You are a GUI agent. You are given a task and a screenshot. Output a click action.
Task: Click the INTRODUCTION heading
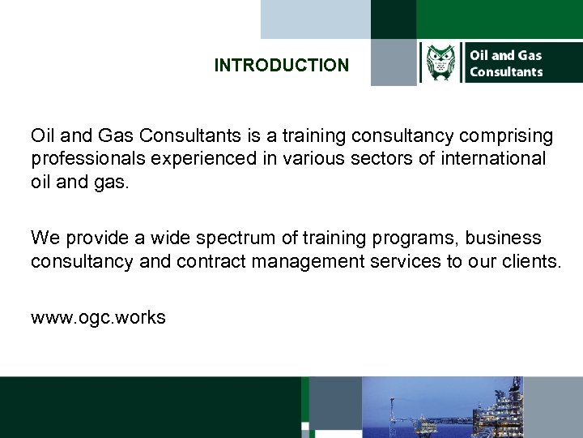coord(281,65)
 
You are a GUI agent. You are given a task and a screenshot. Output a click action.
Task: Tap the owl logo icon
coord(441,63)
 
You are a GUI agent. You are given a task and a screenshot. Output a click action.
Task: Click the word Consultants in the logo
coord(506,72)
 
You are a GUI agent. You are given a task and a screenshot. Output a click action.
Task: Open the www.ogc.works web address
coord(98,317)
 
